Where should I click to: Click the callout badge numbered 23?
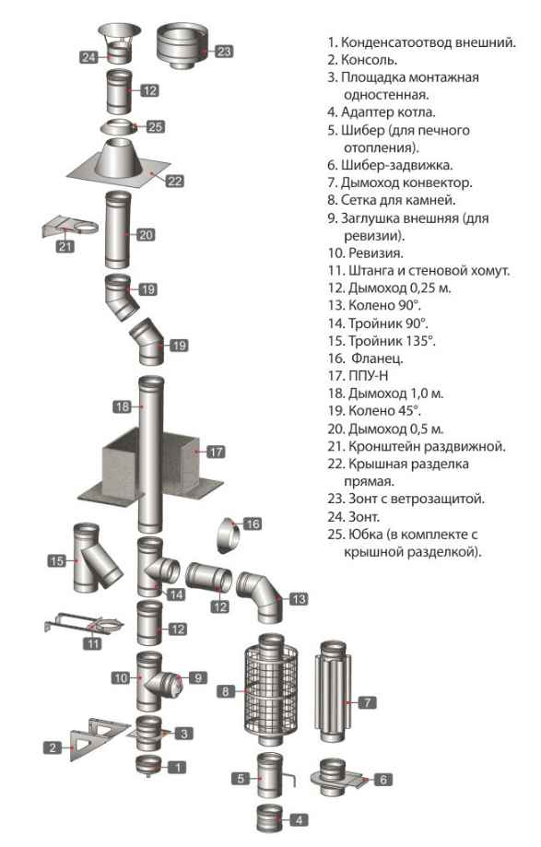[224, 52]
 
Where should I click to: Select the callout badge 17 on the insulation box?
[216, 453]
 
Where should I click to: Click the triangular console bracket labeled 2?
[92, 735]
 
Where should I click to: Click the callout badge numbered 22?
[174, 181]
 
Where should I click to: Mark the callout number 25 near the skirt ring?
[156, 126]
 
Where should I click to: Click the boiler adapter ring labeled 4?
[267, 815]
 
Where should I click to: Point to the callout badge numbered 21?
[65, 246]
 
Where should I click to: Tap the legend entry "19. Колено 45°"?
[385, 410]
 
